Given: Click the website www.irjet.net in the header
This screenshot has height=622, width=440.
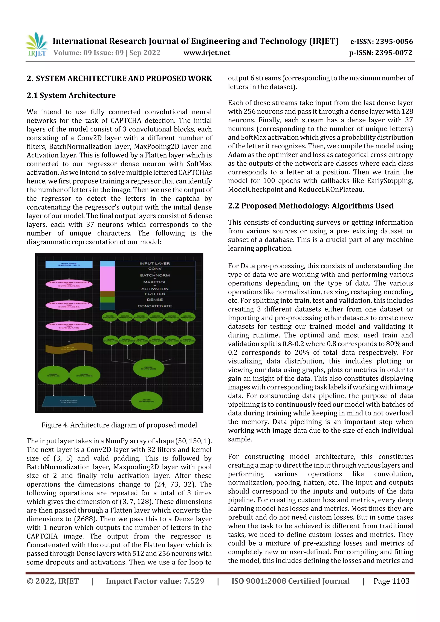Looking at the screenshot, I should point(207,53).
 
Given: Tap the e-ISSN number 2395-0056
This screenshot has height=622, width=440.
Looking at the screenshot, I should point(394,41).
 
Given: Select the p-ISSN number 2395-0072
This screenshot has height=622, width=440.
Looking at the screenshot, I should point(393,53).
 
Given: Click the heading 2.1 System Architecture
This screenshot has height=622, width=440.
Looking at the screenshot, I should point(71,95).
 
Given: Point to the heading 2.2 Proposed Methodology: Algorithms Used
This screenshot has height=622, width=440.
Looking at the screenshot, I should point(310,206).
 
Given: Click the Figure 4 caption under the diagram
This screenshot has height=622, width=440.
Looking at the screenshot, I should point(119,425).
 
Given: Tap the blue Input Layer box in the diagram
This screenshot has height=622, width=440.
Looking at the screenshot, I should point(69,264).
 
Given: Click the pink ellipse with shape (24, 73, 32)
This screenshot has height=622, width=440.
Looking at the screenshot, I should point(69,284).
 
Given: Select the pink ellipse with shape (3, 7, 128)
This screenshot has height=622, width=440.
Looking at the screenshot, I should point(69,326).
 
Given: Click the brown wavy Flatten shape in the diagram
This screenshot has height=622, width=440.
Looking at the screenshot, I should point(69,349).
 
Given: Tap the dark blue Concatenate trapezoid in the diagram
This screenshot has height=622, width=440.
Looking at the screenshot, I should point(69,401).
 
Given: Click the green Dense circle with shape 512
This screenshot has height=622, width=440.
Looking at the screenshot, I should point(147,401).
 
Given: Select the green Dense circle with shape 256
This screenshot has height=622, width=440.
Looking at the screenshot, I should point(148,368).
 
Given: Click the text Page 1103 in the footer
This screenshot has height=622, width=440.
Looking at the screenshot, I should point(391,581).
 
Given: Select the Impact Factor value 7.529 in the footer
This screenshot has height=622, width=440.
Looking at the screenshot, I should point(194,581).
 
